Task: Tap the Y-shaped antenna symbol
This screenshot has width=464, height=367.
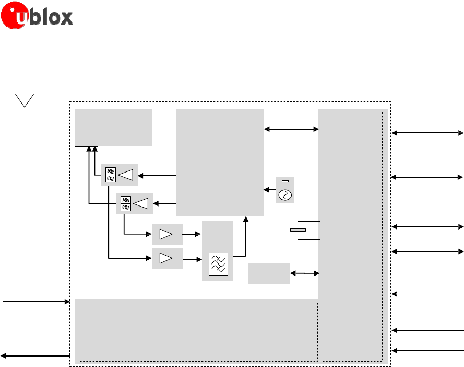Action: coord(25,104)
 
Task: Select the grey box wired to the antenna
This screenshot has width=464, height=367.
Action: coord(114,127)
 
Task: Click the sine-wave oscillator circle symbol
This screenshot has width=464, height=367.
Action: coord(285,195)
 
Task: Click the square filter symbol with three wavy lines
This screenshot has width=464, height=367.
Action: coord(217,264)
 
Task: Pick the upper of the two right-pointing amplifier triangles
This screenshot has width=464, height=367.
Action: coord(166,234)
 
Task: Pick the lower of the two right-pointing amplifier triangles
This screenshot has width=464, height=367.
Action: coord(166,258)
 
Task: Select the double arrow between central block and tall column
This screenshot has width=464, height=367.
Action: coord(291,129)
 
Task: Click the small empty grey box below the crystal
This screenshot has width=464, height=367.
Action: coord(269,273)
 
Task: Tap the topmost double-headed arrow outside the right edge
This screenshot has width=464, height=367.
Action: coord(427,133)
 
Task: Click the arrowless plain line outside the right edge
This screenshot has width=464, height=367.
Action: coord(427,294)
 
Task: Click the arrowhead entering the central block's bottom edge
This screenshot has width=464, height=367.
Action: coord(246,218)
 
